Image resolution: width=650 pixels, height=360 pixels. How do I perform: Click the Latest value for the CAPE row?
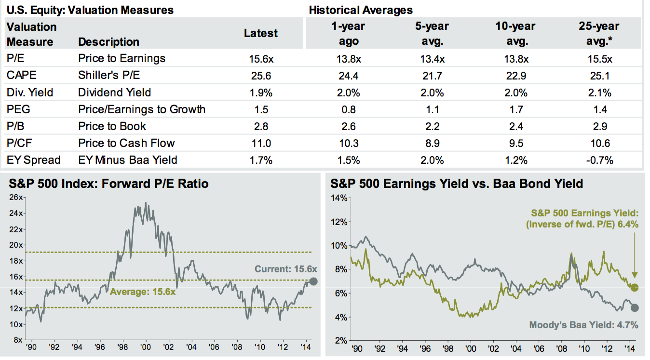(261, 76)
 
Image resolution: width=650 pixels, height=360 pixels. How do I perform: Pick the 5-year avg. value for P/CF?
(433, 143)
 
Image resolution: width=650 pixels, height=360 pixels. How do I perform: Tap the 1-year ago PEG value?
(349, 109)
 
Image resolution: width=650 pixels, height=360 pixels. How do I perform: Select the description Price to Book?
(112, 126)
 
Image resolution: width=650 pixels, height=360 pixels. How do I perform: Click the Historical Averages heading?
(360, 10)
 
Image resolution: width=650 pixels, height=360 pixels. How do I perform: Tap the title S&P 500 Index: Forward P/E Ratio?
(108, 184)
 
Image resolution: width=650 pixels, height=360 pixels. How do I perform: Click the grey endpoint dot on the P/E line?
(313, 282)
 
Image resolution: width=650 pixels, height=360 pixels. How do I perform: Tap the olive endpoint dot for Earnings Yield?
(635, 288)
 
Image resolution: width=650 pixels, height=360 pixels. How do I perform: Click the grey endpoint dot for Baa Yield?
(635, 308)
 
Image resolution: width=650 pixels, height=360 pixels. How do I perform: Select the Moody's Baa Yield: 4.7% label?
(583, 325)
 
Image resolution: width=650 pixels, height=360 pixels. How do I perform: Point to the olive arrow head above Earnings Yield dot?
(635, 278)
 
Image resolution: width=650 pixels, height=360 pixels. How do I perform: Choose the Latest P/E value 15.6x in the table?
(261, 59)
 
